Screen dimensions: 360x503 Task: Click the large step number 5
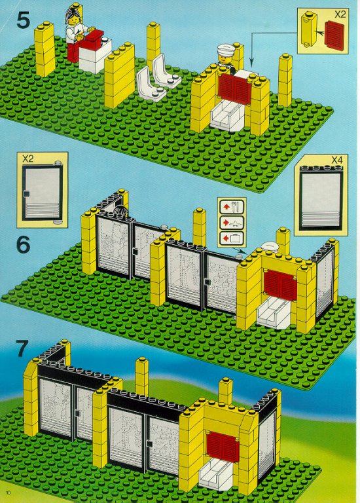(23, 20)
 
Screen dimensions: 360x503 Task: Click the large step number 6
(24, 245)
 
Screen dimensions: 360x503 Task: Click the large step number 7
(22, 348)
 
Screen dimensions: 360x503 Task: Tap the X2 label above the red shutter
(340, 14)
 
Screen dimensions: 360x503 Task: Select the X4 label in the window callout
(336, 159)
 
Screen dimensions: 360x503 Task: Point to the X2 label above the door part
(28, 158)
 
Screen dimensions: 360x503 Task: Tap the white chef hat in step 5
(226, 49)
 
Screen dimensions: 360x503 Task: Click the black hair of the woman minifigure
(73, 14)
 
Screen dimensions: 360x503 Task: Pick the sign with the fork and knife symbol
(232, 207)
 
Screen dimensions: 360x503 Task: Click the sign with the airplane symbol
(232, 222)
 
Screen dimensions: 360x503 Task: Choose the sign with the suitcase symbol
(232, 238)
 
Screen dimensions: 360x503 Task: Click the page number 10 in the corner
(9, 493)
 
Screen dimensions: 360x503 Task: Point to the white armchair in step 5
(228, 117)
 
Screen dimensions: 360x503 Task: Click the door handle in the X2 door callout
(26, 193)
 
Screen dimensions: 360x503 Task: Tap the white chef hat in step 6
(271, 247)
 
